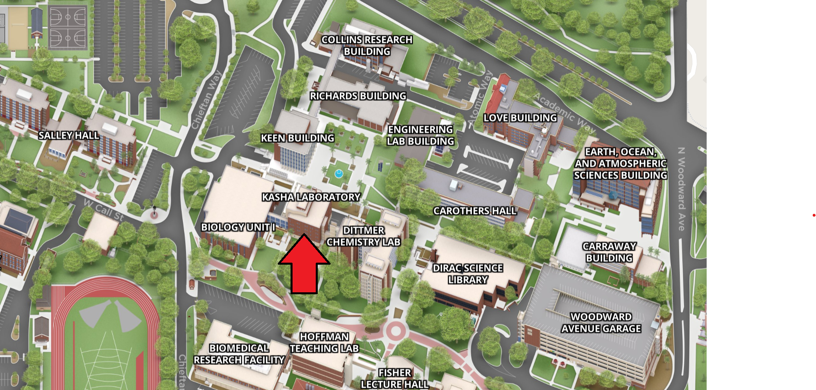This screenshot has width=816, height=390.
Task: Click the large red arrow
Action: [304, 266]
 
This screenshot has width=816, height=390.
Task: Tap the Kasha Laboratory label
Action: [311, 197]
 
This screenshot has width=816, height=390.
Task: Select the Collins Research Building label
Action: [367, 45]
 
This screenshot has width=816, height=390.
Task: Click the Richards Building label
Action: [358, 96]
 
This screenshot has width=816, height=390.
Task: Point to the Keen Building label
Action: [297, 138]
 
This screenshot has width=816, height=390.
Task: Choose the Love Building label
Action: [520, 118]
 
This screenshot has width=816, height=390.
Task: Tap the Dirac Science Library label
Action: [468, 274]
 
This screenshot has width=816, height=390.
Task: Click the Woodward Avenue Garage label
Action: [601, 323]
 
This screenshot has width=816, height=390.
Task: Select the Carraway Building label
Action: [609, 252]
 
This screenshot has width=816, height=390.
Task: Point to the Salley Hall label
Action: [69, 135]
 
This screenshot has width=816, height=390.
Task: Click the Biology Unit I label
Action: [238, 227]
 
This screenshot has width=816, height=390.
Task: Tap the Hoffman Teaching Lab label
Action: [324, 342]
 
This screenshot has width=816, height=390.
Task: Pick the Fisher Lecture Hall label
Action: [395, 378]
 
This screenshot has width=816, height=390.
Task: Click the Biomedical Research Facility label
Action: [239, 354]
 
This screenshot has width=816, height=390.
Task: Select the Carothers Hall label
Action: [475, 211]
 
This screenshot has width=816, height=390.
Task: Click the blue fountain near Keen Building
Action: [339, 173]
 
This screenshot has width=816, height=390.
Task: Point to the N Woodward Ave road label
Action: [682, 189]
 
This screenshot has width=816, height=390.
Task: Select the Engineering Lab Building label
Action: [420, 135]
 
